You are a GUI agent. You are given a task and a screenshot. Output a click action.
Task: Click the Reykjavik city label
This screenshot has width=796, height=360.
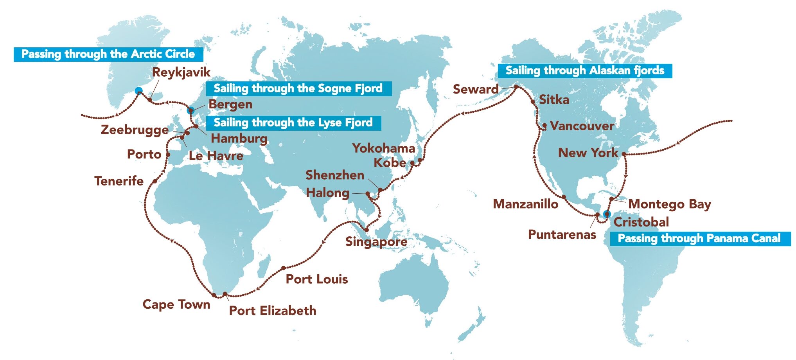pos(181,72)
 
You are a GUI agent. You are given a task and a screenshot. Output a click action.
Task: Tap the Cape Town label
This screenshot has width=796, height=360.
pos(176,304)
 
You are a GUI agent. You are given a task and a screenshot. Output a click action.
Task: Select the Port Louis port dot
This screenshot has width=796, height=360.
pos(284,268)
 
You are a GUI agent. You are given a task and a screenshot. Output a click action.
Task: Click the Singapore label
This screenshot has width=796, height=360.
pos(376,242)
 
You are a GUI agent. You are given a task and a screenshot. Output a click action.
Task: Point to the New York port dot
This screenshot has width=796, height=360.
pos(624,154)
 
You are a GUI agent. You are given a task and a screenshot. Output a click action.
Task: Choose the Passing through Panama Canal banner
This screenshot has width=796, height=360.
pos(699,238)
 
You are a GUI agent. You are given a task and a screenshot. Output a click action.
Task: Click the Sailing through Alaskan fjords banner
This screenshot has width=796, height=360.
pos(585,70)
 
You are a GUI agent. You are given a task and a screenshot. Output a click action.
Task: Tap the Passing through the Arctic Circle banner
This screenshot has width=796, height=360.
pos(108,54)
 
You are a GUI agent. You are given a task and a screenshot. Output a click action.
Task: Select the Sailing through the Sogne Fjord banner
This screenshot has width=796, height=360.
pos(298,88)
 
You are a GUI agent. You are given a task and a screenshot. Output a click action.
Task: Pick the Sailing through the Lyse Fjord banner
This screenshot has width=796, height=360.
pos(293,123)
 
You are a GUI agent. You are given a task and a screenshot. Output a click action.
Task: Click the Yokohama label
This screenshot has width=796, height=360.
pos(383,148)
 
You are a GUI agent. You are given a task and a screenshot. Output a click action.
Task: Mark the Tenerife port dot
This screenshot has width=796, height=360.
pos(155,181)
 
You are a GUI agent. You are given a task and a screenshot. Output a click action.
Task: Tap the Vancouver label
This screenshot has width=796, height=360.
pos(582,126)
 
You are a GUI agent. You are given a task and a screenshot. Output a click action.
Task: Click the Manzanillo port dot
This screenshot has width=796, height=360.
pos(564,197)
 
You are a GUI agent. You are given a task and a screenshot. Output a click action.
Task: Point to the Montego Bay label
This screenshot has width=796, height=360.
pos(669,204)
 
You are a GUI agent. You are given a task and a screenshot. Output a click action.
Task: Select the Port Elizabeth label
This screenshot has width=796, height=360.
pos(273,311)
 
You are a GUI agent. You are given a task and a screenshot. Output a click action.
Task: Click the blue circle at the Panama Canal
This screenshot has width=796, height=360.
pos(607,214)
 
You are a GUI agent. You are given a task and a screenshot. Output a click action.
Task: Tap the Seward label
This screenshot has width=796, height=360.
pos(476,89)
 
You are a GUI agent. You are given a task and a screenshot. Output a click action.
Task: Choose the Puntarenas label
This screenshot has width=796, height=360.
pos(562,234)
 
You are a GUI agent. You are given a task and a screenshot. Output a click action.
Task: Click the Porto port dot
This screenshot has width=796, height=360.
pos(168,155)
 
